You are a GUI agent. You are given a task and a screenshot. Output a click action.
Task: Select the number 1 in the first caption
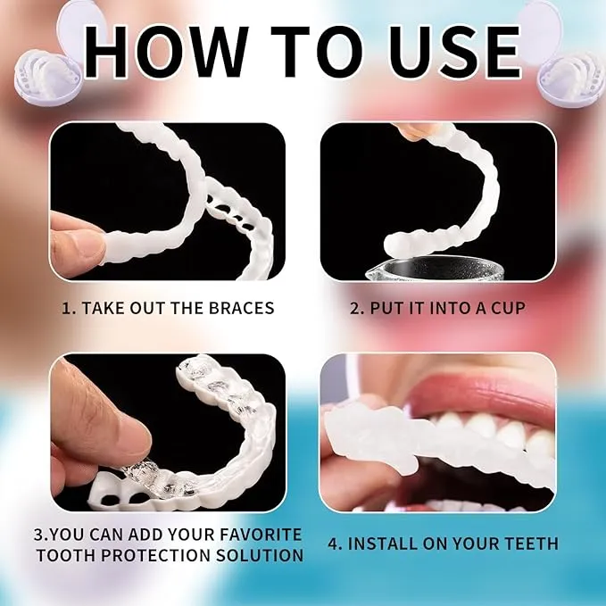pyautogui.click(x=66, y=309)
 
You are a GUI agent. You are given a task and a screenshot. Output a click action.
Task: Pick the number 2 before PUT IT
pyautogui.click(x=354, y=309)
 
